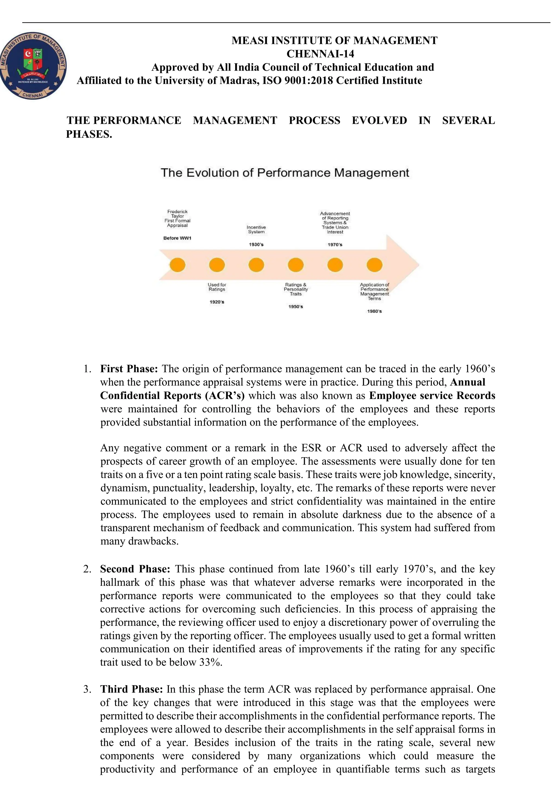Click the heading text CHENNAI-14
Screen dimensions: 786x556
click(320, 54)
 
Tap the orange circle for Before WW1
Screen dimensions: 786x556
click(178, 265)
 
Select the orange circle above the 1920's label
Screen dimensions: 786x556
click(217, 265)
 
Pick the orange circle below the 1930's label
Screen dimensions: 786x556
click(256, 265)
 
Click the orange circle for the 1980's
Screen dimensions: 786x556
click(374, 265)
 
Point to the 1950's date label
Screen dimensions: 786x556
click(296, 307)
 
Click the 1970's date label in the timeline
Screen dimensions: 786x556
click(335, 245)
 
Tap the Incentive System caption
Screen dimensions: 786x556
click(256, 230)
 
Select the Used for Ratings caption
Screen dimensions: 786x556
click(217, 287)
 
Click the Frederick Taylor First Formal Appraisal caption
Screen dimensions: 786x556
click(178, 218)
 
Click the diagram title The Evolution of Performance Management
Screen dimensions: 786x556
click(285, 172)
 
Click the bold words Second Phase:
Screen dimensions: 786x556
click(135, 569)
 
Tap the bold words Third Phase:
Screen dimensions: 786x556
click(131, 689)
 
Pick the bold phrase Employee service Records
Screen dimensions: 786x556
click(432, 396)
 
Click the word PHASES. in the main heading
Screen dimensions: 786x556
click(89, 134)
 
